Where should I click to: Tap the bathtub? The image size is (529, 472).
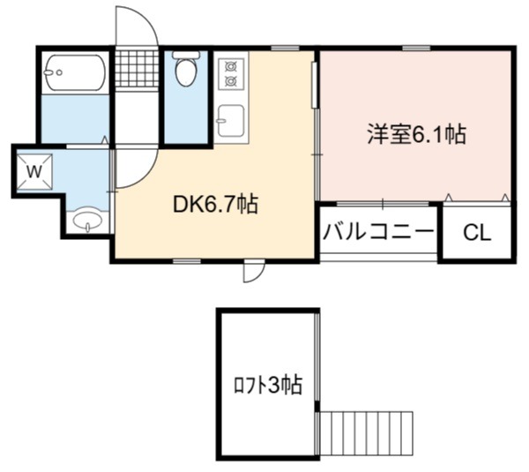coord(75,72)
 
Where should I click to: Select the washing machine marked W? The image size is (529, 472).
coord(34,171)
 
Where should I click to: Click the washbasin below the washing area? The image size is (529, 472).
coord(87,221)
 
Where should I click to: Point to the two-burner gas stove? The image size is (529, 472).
coord(231,74)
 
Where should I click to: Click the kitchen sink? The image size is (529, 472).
coord(231,121)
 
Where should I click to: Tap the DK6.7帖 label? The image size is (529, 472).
coord(215,205)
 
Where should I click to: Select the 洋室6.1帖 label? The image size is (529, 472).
coord(417,134)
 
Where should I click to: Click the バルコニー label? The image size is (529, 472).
coord(378,232)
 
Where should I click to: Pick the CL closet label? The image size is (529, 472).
coord(477,233)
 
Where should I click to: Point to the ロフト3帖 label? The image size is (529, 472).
coord(268,386)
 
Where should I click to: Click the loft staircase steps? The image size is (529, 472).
coord(366,433)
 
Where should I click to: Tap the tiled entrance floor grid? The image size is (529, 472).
coord(137,69)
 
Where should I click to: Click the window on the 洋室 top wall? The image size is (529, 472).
coord(416,49)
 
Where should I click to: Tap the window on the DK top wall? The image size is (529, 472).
coord(285,49)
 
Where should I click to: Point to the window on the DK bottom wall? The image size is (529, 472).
coord(187,261)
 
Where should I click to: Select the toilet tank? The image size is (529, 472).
coord(186,55)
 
